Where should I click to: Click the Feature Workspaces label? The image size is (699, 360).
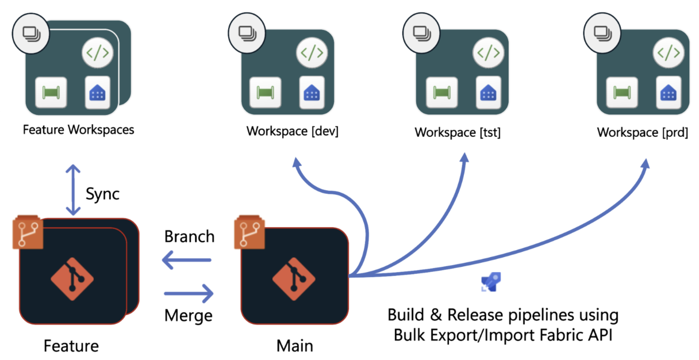[x=78, y=129]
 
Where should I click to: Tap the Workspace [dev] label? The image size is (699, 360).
[x=293, y=131]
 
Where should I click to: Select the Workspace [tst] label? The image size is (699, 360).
[x=458, y=132]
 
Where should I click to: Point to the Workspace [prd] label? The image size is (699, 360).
[x=643, y=132]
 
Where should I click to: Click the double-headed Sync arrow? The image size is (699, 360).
[x=73, y=189]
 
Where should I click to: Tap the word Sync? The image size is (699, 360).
[x=102, y=194]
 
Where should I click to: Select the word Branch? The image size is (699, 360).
[x=189, y=236]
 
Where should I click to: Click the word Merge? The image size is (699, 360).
[x=189, y=315]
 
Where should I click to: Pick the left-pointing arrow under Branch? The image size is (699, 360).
[x=187, y=261]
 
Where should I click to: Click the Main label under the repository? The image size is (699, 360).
[x=295, y=346]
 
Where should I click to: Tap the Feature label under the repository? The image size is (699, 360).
[x=71, y=346]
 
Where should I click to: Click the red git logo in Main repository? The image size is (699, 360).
[x=294, y=277]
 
